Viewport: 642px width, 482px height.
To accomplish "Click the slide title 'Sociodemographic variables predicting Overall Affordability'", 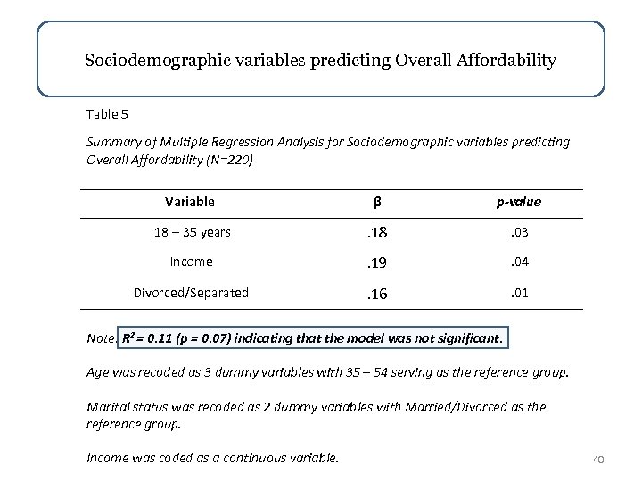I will pos(320,61).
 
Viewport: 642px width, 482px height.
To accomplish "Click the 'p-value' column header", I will pos(519,203).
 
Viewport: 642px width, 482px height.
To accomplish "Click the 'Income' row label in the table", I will pos(189,262).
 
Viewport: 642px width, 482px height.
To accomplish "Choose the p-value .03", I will pos(519,232).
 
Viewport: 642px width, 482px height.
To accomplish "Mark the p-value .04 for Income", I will pos(519,262).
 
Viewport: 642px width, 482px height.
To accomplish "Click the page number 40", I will pos(598,460).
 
